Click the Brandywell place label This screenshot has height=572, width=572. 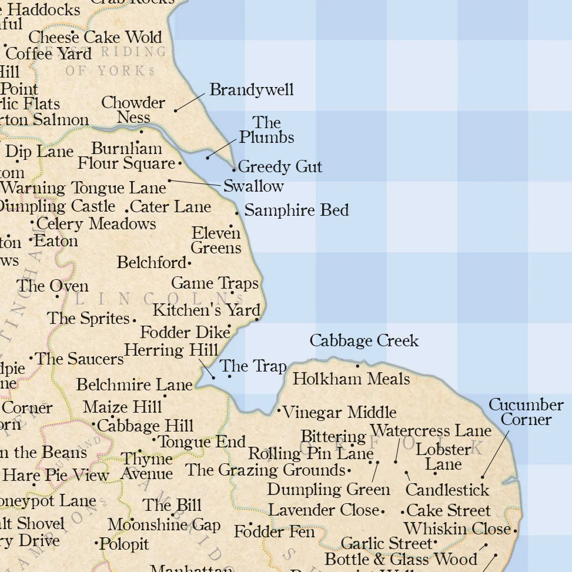point(251,90)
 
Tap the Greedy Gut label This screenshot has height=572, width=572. point(280,167)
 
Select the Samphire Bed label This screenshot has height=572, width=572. point(296,210)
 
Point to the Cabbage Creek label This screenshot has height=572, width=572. point(364,341)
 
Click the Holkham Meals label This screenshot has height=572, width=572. point(351,379)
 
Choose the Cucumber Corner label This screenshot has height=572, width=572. point(526,412)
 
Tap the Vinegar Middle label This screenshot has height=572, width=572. point(339,413)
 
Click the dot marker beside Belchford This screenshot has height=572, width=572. point(189,263)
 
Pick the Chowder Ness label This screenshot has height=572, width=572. point(133,110)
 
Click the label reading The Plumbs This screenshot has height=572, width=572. point(266,130)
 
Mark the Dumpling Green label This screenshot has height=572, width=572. point(328,490)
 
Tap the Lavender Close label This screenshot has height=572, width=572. point(323,510)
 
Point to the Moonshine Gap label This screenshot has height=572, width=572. point(164,525)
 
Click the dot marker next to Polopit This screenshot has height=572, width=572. point(96,544)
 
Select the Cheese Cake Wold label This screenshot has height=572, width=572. point(95,37)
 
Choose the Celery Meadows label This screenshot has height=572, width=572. point(96,224)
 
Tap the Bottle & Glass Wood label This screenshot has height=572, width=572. point(400,559)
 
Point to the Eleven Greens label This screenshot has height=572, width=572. point(216,240)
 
